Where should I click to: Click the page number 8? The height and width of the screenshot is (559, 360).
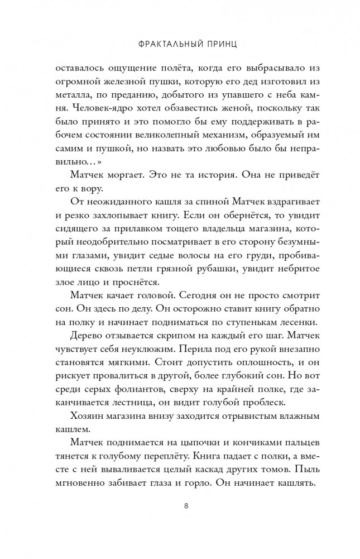pyautogui.click(x=180, y=507)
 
